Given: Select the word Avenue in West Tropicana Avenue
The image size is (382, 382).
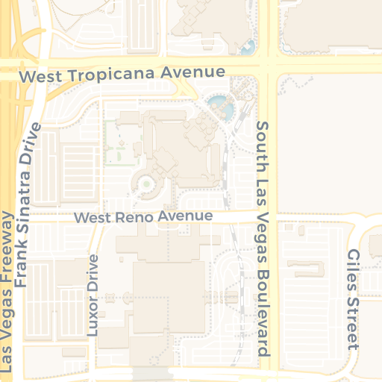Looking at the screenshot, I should (x=197, y=72).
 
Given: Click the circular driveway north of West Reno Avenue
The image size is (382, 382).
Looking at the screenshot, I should (x=146, y=183).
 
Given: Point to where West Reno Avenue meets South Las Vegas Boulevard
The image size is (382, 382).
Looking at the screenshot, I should (x=266, y=217).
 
